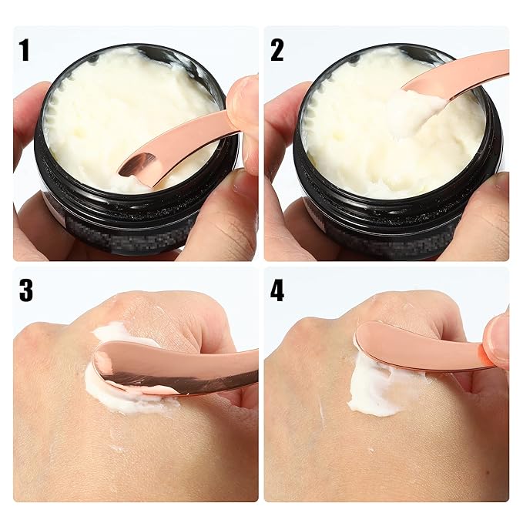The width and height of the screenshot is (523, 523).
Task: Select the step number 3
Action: point(25,290)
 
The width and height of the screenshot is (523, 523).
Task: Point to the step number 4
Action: point(277,290)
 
